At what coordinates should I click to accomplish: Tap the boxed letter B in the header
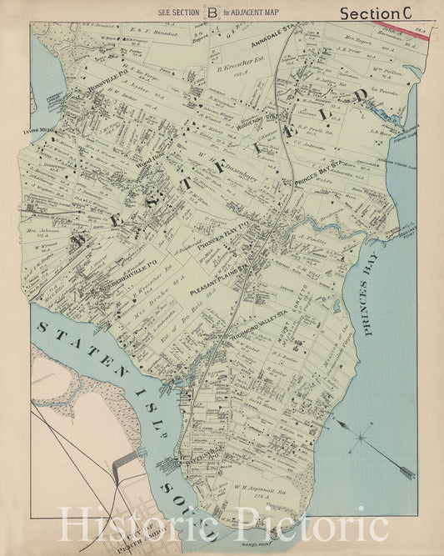214,12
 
